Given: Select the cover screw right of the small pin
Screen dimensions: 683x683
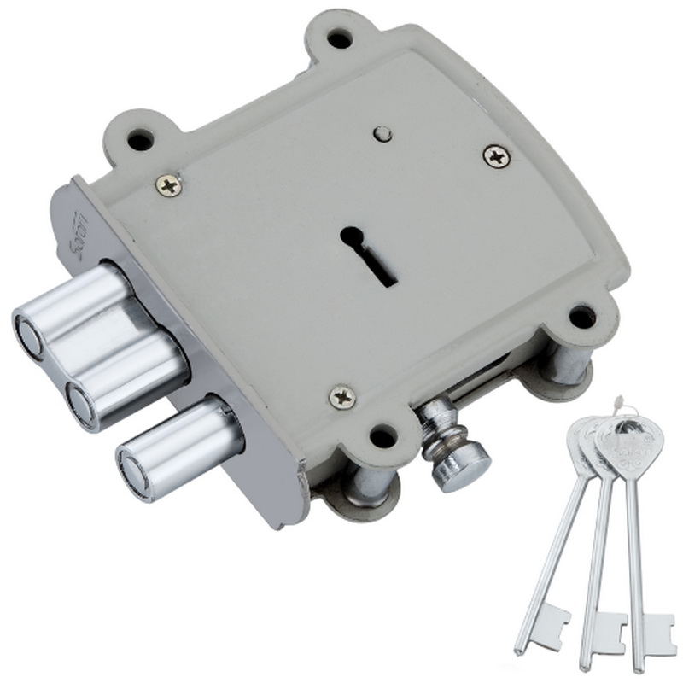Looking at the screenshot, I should click(496, 155).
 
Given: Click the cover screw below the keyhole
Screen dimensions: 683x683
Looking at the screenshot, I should click(342, 396).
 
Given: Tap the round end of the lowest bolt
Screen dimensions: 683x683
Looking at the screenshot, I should click(135, 471).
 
